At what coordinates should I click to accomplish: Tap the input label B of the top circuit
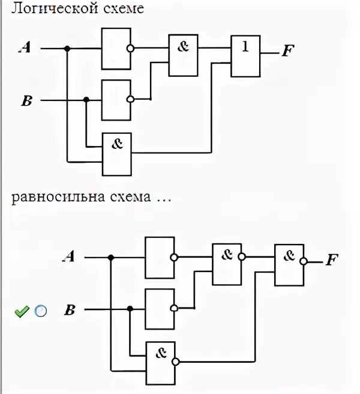26,100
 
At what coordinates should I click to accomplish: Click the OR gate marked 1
246,56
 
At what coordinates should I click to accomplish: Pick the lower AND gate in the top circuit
116,154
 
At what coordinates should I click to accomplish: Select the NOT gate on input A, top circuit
116,48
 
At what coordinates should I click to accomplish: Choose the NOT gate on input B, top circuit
116,100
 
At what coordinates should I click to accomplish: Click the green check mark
22,311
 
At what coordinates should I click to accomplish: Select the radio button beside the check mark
40,311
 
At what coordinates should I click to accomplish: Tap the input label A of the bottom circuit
69,258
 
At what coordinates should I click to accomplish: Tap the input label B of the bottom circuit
70,310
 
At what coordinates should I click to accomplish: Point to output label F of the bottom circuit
331,260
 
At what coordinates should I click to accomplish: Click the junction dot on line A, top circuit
67,49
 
